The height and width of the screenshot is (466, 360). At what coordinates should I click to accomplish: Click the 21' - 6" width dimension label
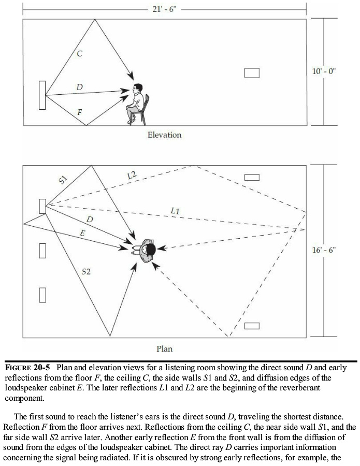164,9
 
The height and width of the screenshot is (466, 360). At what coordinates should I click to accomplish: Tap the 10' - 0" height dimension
324,71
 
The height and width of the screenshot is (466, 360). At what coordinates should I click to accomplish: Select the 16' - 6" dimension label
324,250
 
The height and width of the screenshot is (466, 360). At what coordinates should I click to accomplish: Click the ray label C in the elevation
79,54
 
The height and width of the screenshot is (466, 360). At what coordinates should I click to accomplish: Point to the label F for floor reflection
79,112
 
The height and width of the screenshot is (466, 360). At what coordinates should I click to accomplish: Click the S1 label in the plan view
63,180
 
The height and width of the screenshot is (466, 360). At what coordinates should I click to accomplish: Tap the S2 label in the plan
86,271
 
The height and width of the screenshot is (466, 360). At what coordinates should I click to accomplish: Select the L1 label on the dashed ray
175,211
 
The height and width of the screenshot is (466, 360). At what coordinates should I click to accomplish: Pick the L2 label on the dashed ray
132,176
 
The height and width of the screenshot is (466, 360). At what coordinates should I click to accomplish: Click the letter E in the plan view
82,234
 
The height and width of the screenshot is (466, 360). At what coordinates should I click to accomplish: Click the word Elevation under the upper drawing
164,135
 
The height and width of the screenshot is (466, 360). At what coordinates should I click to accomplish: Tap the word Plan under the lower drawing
164,348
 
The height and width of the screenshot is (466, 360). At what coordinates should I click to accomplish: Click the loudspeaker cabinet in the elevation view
42,95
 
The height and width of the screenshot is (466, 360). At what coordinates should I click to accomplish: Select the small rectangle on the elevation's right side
252,73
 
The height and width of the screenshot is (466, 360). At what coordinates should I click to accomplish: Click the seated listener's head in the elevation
138,88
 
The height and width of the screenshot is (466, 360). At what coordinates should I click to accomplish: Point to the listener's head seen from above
149,250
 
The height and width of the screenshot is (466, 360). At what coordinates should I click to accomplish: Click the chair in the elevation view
142,111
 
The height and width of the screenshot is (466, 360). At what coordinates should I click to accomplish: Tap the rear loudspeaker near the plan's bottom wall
252,326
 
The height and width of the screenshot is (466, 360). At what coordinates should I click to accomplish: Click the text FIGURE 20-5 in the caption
27,368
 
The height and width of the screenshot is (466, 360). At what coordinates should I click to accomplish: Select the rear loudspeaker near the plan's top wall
252,178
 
